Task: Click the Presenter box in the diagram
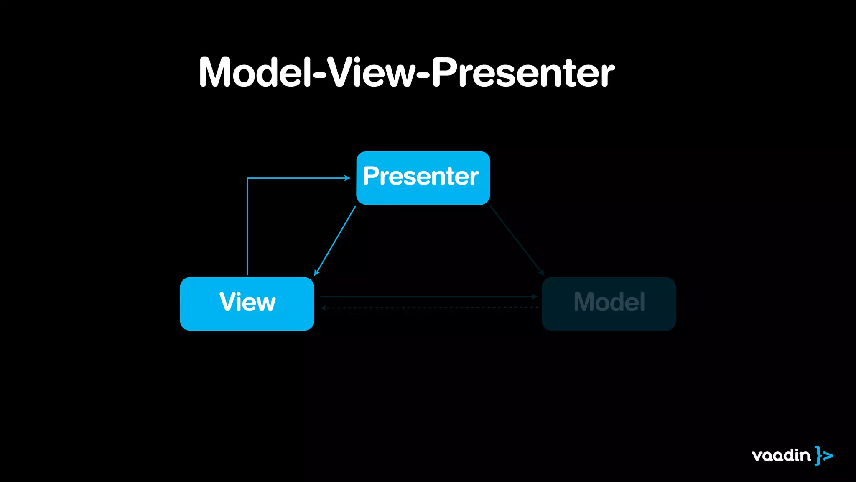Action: point(423,178)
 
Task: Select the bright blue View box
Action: point(247,303)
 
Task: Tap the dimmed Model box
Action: point(609,303)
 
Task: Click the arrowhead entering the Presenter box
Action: point(347,178)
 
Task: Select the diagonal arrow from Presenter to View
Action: point(335,240)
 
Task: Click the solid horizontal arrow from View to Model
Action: point(428,297)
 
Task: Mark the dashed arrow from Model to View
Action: point(428,308)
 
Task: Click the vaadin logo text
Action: point(781,455)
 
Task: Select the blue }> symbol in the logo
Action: point(824,455)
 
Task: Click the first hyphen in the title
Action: point(319,75)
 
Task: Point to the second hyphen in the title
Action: point(423,75)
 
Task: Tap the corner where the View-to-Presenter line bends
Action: point(247,178)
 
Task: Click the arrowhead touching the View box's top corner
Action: point(316,272)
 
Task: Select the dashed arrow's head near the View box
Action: point(323,308)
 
